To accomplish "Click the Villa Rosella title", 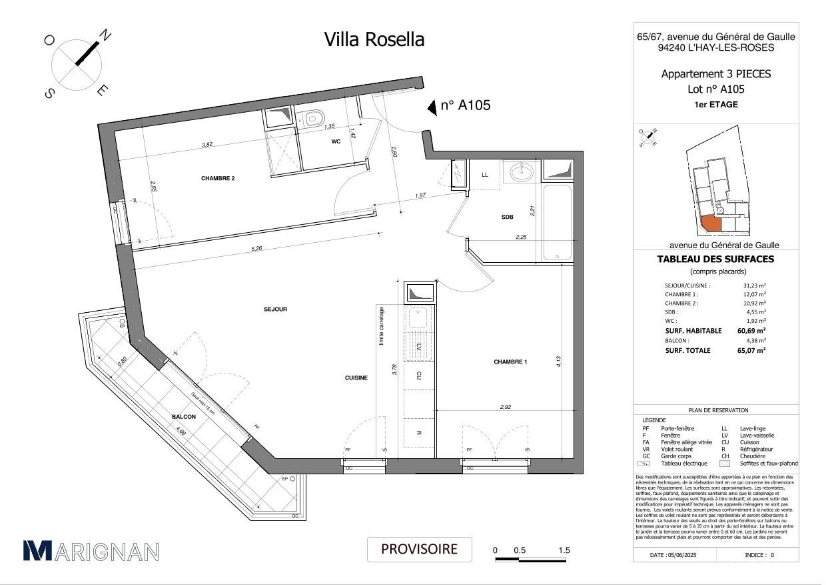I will coord(374,39).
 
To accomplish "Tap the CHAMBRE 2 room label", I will coord(218,178).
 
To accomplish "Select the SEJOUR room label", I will coord(275,309).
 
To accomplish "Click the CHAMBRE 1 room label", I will coord(510,362).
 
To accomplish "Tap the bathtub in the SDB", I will coord(557,222).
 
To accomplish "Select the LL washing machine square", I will coord(484,175).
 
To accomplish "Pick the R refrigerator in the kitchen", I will coord(418,433).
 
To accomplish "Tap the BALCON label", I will coord(183,417).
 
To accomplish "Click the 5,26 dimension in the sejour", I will coord(256,249).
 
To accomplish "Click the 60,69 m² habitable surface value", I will coord(751,330).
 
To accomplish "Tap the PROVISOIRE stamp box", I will coord(419,550).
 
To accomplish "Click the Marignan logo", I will coord(91,551).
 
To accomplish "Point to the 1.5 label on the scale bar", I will coord(564,550).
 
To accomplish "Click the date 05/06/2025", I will coord(675,554).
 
